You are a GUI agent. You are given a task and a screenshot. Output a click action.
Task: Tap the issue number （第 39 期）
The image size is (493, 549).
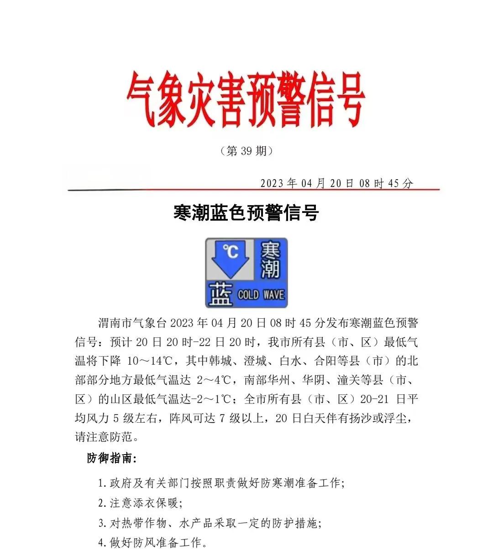pos(246,151)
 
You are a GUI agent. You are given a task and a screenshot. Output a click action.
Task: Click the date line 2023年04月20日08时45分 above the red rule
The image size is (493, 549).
pos(336,183)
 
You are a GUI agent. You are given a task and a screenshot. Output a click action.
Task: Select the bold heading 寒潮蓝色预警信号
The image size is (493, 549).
pos(246,213)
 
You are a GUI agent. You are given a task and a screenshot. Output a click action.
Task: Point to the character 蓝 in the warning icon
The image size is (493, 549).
pos(220,295)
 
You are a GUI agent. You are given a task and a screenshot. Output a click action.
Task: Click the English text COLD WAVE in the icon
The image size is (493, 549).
pos(261,295)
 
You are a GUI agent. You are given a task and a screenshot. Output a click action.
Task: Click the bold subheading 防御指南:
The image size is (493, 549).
pos(112,458)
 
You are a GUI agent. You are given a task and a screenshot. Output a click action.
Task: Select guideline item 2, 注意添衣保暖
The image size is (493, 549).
pos(141,503)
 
